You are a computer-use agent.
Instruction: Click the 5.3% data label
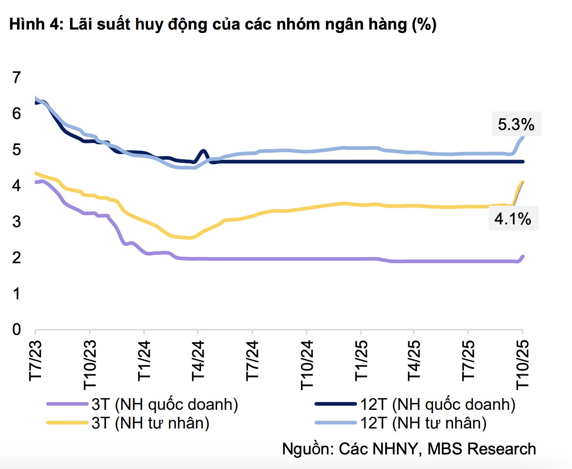click(516, 124)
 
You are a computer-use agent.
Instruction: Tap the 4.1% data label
click(512, 219)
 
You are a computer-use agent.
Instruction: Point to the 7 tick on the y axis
click(16, 77)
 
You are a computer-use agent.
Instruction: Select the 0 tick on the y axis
click(16, 329)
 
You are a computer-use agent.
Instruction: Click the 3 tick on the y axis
click(16, 222)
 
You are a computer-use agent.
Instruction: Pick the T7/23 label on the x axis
click(36, 360)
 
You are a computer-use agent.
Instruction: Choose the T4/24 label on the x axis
click(198, 360)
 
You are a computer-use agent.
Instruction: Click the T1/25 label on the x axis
click(361, 360)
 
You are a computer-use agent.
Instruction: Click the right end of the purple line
click(523, 256)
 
